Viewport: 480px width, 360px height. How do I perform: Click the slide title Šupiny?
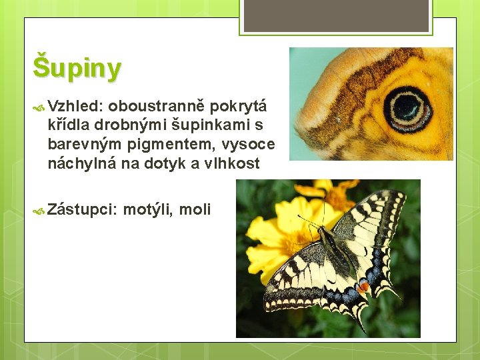coord(77,67)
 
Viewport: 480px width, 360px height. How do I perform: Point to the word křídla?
coord(69,125)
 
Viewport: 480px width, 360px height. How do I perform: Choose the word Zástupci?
coord(83,209)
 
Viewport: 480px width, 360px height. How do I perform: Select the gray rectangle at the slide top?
coord(336,15)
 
